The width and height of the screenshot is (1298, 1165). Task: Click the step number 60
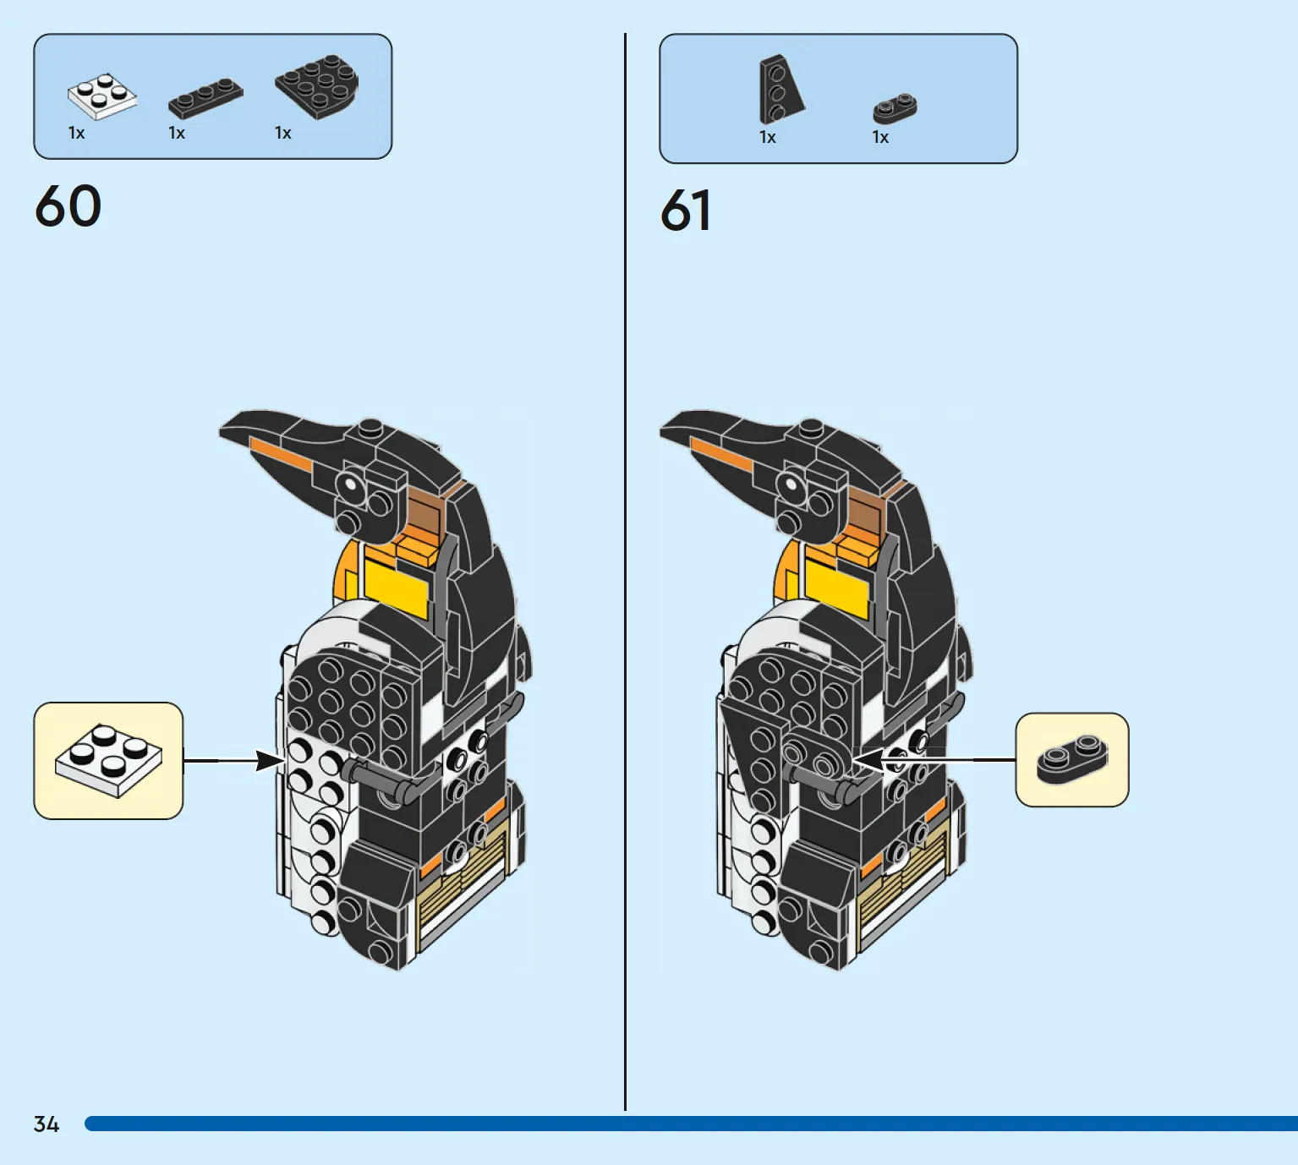[x=68, y=205]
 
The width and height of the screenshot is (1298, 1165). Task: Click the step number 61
[x=686, y=210]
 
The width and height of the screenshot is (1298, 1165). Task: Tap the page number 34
[x=47, y=1124]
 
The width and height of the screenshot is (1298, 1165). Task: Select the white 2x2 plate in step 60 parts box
[x=102, y=96]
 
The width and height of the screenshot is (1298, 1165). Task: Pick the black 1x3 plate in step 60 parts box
[x=205, y=98]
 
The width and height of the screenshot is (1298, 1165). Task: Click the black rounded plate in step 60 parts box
[x=317, y=86]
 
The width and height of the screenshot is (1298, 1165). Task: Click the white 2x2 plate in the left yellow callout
[x=109, y=760]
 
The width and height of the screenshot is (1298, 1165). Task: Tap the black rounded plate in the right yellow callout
[x=1072, y=759]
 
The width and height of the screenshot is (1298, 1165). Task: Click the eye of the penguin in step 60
[x=350, y=484]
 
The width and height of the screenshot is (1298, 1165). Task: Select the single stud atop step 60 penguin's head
[x=371, y=427]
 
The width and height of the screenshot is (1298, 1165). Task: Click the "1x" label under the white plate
[x=76, y=134]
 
